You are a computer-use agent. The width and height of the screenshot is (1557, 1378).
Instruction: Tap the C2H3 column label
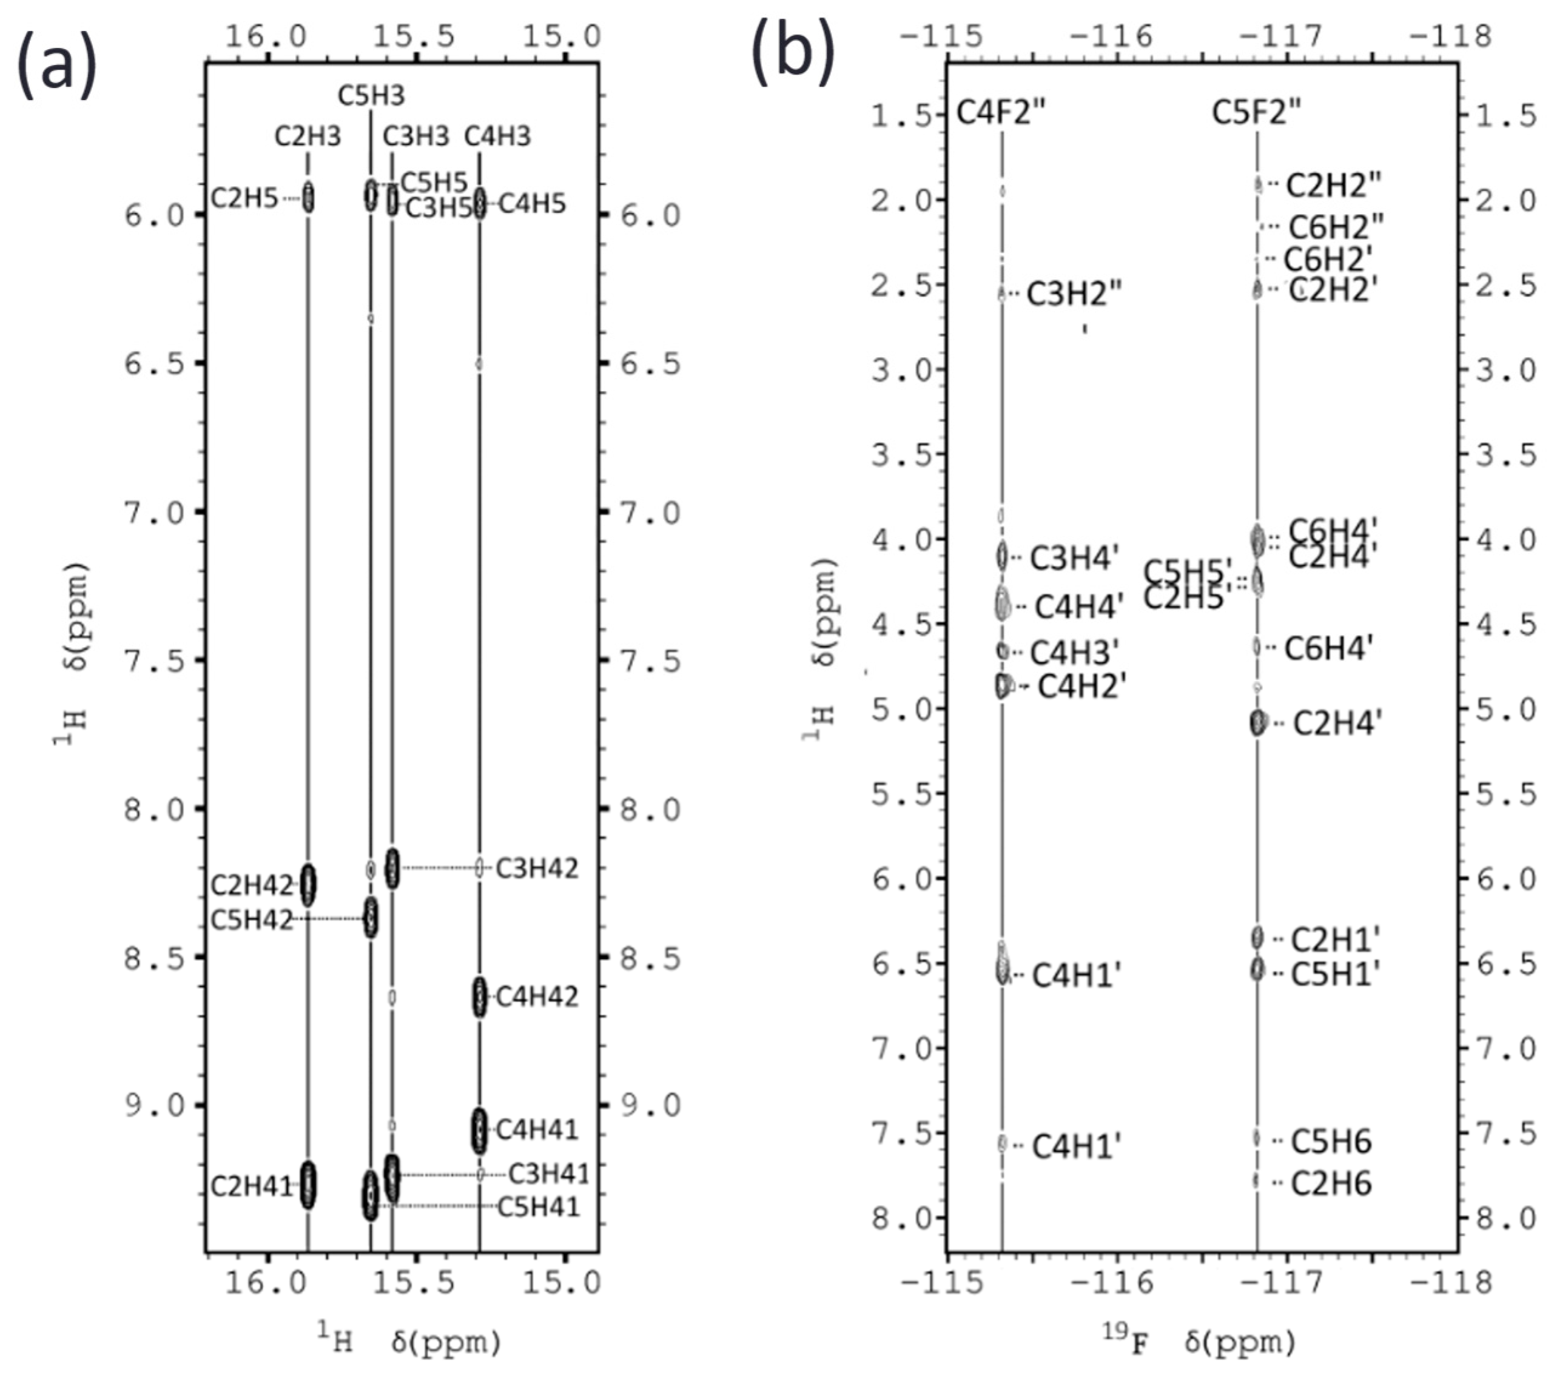click(x=308, y=136)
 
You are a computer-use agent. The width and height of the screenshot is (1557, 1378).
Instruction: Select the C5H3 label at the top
click(x=371, y=96)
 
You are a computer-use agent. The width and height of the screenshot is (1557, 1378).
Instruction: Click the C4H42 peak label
click(x=537, y=997)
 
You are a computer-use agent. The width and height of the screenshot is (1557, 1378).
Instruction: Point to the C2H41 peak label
click(x=251, y=1187)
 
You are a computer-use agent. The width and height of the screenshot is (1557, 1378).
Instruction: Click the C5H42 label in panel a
click(x=251, y=920)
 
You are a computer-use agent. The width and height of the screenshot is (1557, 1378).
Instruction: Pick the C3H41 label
click(x=548, y=1174)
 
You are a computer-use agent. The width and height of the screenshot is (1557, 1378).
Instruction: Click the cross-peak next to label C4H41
click(x=479, y=1130)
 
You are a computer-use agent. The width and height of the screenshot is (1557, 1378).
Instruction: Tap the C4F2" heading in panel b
click(x=1001, y=113)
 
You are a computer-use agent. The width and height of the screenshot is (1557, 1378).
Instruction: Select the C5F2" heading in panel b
click(x=1256, y=113)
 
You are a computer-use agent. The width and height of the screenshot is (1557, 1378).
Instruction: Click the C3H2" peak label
click(x=1074, y=294)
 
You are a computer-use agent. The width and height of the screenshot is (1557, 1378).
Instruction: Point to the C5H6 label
click(x=1331, y=1141)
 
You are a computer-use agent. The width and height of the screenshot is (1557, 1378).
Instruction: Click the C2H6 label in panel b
click(x=1331, y=1183)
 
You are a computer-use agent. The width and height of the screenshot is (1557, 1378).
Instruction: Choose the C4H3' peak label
click(x=1074, y=653)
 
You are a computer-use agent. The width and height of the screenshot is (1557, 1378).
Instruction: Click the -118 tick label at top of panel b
click(x=1450, y=36)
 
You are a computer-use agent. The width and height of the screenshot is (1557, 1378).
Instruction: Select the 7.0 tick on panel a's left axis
click(x=155, y=513)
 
